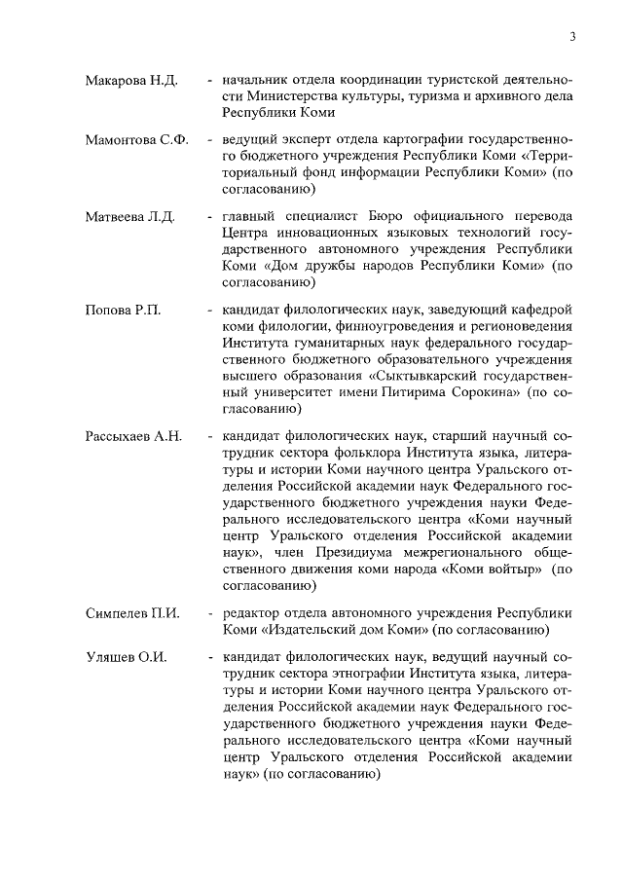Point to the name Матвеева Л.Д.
(x=130, y=215)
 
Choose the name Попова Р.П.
(x=123, y=310)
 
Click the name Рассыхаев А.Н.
(x=134, y=435)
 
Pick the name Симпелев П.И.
(x=130, y=614)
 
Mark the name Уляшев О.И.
(x=127, y=657)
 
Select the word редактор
(x=253, y=614)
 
